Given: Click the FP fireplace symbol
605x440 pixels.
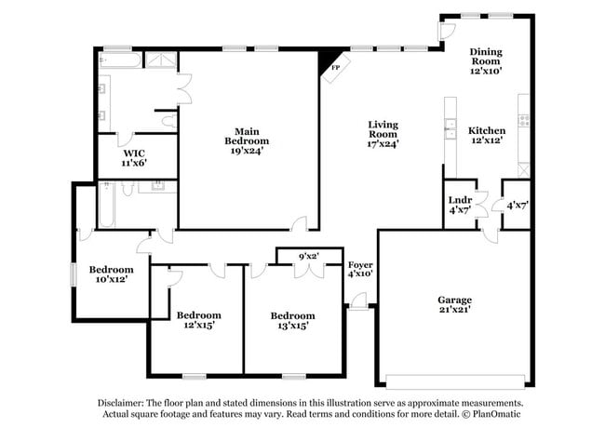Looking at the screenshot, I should [x=331, y=65].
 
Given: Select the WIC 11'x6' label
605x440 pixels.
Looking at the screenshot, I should [x=134, y=158].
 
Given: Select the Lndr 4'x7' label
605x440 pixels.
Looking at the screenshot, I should [x=459, y=206].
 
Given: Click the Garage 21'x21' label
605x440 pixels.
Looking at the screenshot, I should [x=454, y=305].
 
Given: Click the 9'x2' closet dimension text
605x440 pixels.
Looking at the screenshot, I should [x=309, y=256].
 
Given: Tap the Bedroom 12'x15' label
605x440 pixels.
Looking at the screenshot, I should [x=199, y=320].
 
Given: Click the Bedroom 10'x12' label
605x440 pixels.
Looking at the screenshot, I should [x=112, y=274].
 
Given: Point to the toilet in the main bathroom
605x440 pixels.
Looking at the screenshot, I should [x=168, y=120].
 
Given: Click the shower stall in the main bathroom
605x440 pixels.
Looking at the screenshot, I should [x=162, y=62].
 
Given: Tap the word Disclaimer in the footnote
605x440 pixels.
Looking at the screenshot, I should [x=123, y=403].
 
